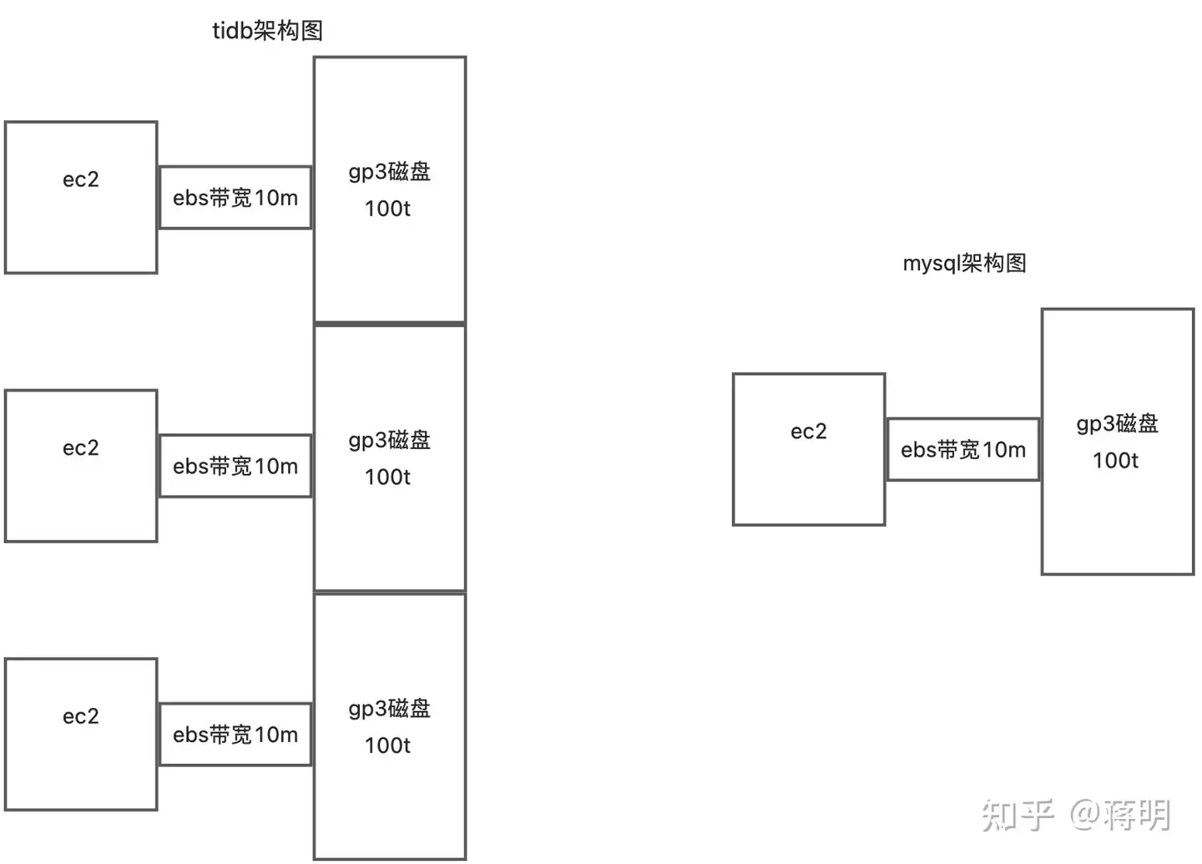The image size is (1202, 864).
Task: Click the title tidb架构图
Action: [x=267, y=31]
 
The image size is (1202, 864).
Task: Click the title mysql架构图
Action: [x=964, y=264]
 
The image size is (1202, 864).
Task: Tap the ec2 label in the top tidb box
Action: [x=81, y=179]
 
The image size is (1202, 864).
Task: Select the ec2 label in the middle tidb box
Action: [x=81, y=448]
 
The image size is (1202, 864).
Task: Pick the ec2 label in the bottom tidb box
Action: [x=81, y=716]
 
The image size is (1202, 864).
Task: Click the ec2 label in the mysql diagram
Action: [x=809, y=432]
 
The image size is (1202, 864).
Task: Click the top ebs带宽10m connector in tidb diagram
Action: [x=235, y=198]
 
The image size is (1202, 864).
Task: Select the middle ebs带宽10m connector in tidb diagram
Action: [x=235, y=467]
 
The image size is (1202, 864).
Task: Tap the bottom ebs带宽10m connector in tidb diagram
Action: [x=235, y=735]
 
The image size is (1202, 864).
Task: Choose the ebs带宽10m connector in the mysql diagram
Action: [x=963, y=450]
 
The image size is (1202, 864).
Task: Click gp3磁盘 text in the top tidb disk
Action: [x=389, y=172]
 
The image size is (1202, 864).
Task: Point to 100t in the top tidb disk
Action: [x=387, y=209]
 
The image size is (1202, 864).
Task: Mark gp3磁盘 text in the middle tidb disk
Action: [x=389, y=440]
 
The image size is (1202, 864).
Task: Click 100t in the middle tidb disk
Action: [x=387, y=477]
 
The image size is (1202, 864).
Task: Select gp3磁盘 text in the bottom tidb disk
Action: [x=389, y=709]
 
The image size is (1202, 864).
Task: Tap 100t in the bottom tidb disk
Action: [x=387, y=745]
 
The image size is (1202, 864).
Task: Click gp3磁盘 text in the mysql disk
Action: [x=1117, y=424]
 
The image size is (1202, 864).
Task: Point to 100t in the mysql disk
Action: [x=1115, y=461]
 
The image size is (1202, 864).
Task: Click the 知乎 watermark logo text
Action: [x=1018, y=815]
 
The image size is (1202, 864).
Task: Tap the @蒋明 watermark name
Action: [x=1120, y=815]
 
